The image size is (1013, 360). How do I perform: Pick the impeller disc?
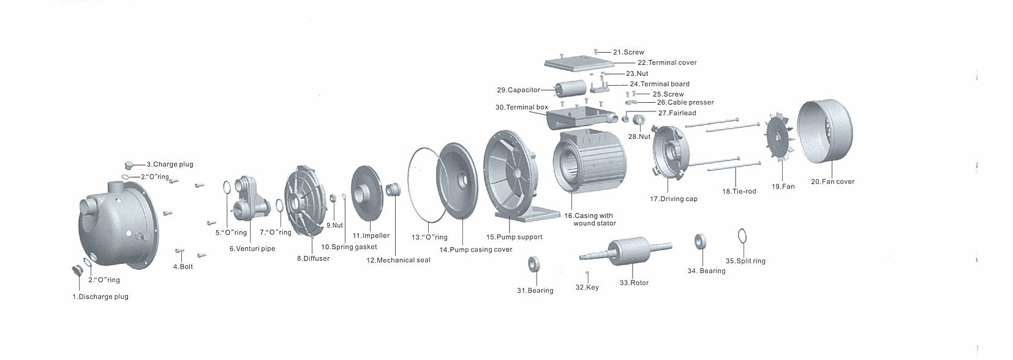pos(369,194)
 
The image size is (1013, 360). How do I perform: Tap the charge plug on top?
pos(129,164)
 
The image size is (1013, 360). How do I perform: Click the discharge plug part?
pos(78,270)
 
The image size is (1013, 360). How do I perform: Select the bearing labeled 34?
pos(700,241)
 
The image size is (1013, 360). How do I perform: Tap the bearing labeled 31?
pos(534,264)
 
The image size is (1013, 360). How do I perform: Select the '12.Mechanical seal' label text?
pos(398,260)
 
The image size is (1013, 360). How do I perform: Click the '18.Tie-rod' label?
pos(739,192)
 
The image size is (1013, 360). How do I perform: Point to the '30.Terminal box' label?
pos(522,107)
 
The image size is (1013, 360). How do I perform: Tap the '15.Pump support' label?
pos(514,237)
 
